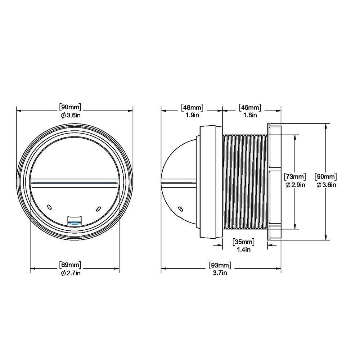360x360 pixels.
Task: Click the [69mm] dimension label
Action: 70,266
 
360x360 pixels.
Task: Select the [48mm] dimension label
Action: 192,107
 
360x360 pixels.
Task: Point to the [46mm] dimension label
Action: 249,107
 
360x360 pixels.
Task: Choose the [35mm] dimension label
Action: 244,241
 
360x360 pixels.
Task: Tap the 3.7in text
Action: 220,274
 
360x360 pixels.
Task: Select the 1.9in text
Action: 192,115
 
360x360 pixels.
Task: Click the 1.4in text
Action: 244,249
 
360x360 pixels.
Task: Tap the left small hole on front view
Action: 50,207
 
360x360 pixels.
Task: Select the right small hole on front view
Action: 98,208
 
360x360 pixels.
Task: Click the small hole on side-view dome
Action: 181,208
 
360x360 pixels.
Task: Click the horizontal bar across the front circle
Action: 75,182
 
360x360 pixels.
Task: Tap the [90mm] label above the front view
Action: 70,107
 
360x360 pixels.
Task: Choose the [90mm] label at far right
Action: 326,177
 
